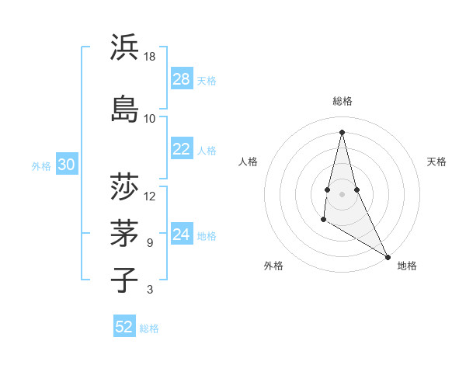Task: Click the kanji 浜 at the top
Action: [x=125, y=48]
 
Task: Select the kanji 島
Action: [x=125, y=108]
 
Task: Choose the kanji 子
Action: [x=125, y=280]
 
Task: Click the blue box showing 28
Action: [x=182, y=79]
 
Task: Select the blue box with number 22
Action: [x=182, y=149]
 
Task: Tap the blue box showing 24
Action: [x=182, y=235]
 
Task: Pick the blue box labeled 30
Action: [x=67, y=165]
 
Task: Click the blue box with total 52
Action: [x=124, y=327]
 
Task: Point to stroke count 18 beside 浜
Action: [x=150, y=57]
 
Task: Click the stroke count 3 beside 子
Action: [x=150, y=290]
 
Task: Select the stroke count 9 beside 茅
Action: [x=150, y=243]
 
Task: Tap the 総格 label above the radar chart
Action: [x=343, y=101]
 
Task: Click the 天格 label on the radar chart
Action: [x=436, y=162]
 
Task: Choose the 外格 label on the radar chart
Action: [x=273, y=266]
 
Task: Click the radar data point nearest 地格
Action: [x=388, y=256]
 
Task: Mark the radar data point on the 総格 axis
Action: [x=343, y=131]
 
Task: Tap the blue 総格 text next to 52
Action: [x=149, y=328]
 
